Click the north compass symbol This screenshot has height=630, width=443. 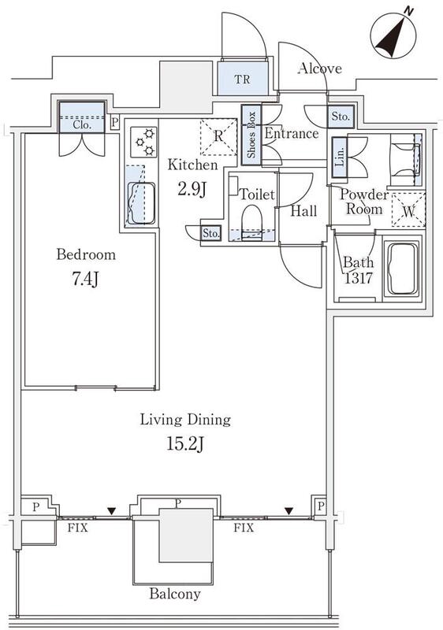pos(393,35)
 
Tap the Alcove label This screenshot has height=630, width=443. pos(319,69)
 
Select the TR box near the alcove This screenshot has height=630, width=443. pos(243,79)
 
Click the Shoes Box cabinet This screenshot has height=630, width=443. pos(251,135)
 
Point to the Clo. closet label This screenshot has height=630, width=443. pos(82,124)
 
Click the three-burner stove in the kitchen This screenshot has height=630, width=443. pos(143,142)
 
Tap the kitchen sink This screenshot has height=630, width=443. pos(141,203)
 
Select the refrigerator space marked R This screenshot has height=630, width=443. pos(218,136)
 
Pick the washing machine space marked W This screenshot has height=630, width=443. pos(408,210)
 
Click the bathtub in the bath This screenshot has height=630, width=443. pos(402,268)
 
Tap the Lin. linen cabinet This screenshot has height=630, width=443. pos(340,157)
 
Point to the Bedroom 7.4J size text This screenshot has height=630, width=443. pos(86,280)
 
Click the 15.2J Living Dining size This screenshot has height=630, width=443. pos(185,444)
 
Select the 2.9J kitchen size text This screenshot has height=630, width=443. pos(192,189)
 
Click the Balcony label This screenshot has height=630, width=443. pos(175,594)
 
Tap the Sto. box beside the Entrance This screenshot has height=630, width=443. pos(341,117)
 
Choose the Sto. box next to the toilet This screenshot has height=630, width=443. pos(211,233)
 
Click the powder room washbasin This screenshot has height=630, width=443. pos(405,160)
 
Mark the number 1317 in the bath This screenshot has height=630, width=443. pos(358,278)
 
